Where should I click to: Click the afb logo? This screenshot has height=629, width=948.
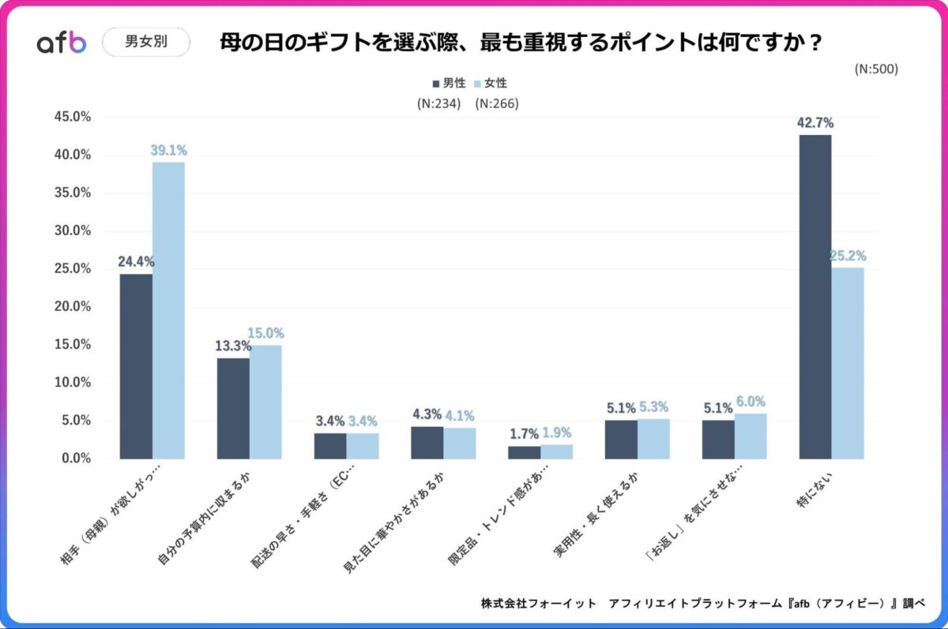click(62, 43)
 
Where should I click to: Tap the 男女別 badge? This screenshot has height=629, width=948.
click(146, 42)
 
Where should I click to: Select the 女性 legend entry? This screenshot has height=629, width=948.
click(490, 83)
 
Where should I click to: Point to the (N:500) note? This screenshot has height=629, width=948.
click(876, 69)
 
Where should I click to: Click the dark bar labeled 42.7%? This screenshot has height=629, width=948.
click(815, 296)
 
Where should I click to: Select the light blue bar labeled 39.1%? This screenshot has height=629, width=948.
click(168, 310)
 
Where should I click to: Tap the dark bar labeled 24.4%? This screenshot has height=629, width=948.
click(136, 365)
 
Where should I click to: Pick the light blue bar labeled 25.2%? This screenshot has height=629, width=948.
click(848, 363)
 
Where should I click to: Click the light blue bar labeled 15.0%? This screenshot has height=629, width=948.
click(265, 402)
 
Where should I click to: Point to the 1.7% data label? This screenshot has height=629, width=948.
click(523, 433)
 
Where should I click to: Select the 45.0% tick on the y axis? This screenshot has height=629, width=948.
click(73, 117)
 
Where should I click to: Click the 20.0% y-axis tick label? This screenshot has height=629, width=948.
click(73, 306)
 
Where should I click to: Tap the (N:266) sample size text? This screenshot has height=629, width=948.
click(497, 103)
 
